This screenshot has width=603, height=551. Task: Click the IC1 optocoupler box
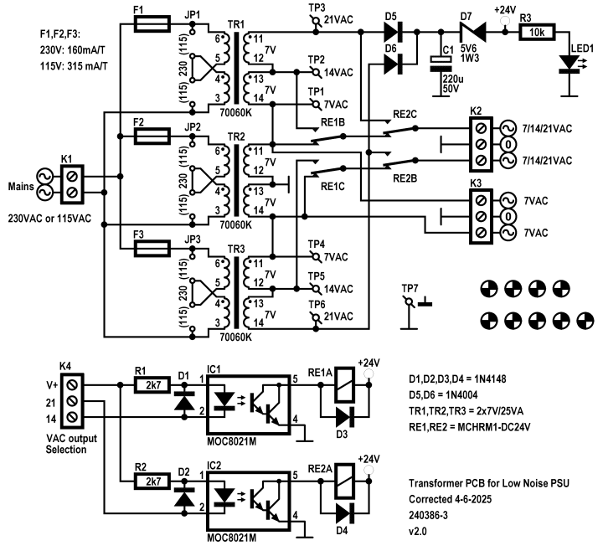(x=256, y=400)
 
